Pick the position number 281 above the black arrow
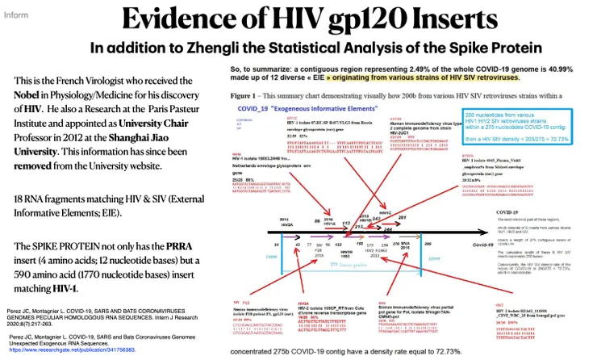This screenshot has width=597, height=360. click(403, 216)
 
